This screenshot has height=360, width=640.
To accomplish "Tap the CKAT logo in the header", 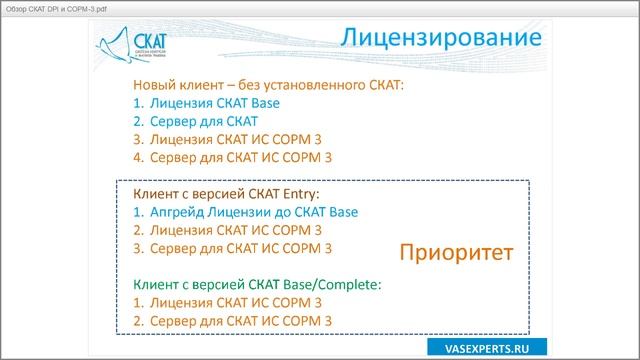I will coord(135,46).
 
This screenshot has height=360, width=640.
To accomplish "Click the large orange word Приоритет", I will coord(456,252).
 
